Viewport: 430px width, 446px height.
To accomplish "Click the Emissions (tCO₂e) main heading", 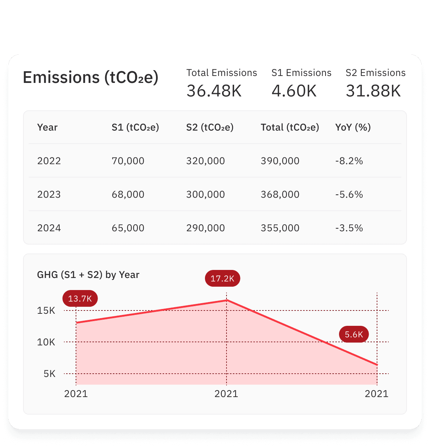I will tap(91, 78).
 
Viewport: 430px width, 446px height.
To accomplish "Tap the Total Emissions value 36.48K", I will tap(214, 91).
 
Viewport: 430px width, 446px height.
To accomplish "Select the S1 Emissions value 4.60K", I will tap(294, 91).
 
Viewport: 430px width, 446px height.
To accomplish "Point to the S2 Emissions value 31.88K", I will tap(373, 91).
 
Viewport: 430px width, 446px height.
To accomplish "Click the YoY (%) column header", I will tap(353, 127).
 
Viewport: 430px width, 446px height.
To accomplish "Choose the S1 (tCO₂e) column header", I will tap(135, 127).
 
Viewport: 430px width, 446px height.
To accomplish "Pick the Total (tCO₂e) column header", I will tap(290, 127).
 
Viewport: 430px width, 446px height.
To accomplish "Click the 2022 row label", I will tap(49, 161).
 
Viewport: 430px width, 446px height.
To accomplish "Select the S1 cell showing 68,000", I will tap(128, 195).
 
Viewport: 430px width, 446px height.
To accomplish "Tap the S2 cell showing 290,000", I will tap(205, 228).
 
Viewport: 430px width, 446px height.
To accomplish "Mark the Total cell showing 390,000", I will tap(280, 161).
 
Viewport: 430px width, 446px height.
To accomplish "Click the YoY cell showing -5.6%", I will tap(349, 195).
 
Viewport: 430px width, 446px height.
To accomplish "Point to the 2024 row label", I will tap(49, 228).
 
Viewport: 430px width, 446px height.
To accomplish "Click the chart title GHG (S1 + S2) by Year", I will tap(88, 275).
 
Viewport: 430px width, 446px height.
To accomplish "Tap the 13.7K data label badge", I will tap(80, 298).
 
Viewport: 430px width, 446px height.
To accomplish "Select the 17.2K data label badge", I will tap(222, 279).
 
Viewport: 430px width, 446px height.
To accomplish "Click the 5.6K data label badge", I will tap(354, 334).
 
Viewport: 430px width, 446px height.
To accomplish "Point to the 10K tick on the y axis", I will tap(46, 342).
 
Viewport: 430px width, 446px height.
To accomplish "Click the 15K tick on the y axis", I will tap(46, 311).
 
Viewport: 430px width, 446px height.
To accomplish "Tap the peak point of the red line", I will tap(227, 300).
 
